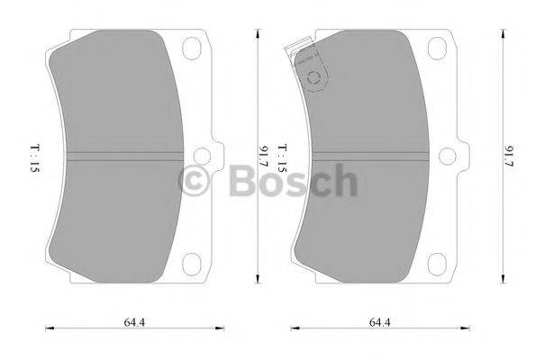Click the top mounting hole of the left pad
192,48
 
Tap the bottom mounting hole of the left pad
192,263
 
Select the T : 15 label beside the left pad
33,157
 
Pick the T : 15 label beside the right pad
281,157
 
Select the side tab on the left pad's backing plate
217,156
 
